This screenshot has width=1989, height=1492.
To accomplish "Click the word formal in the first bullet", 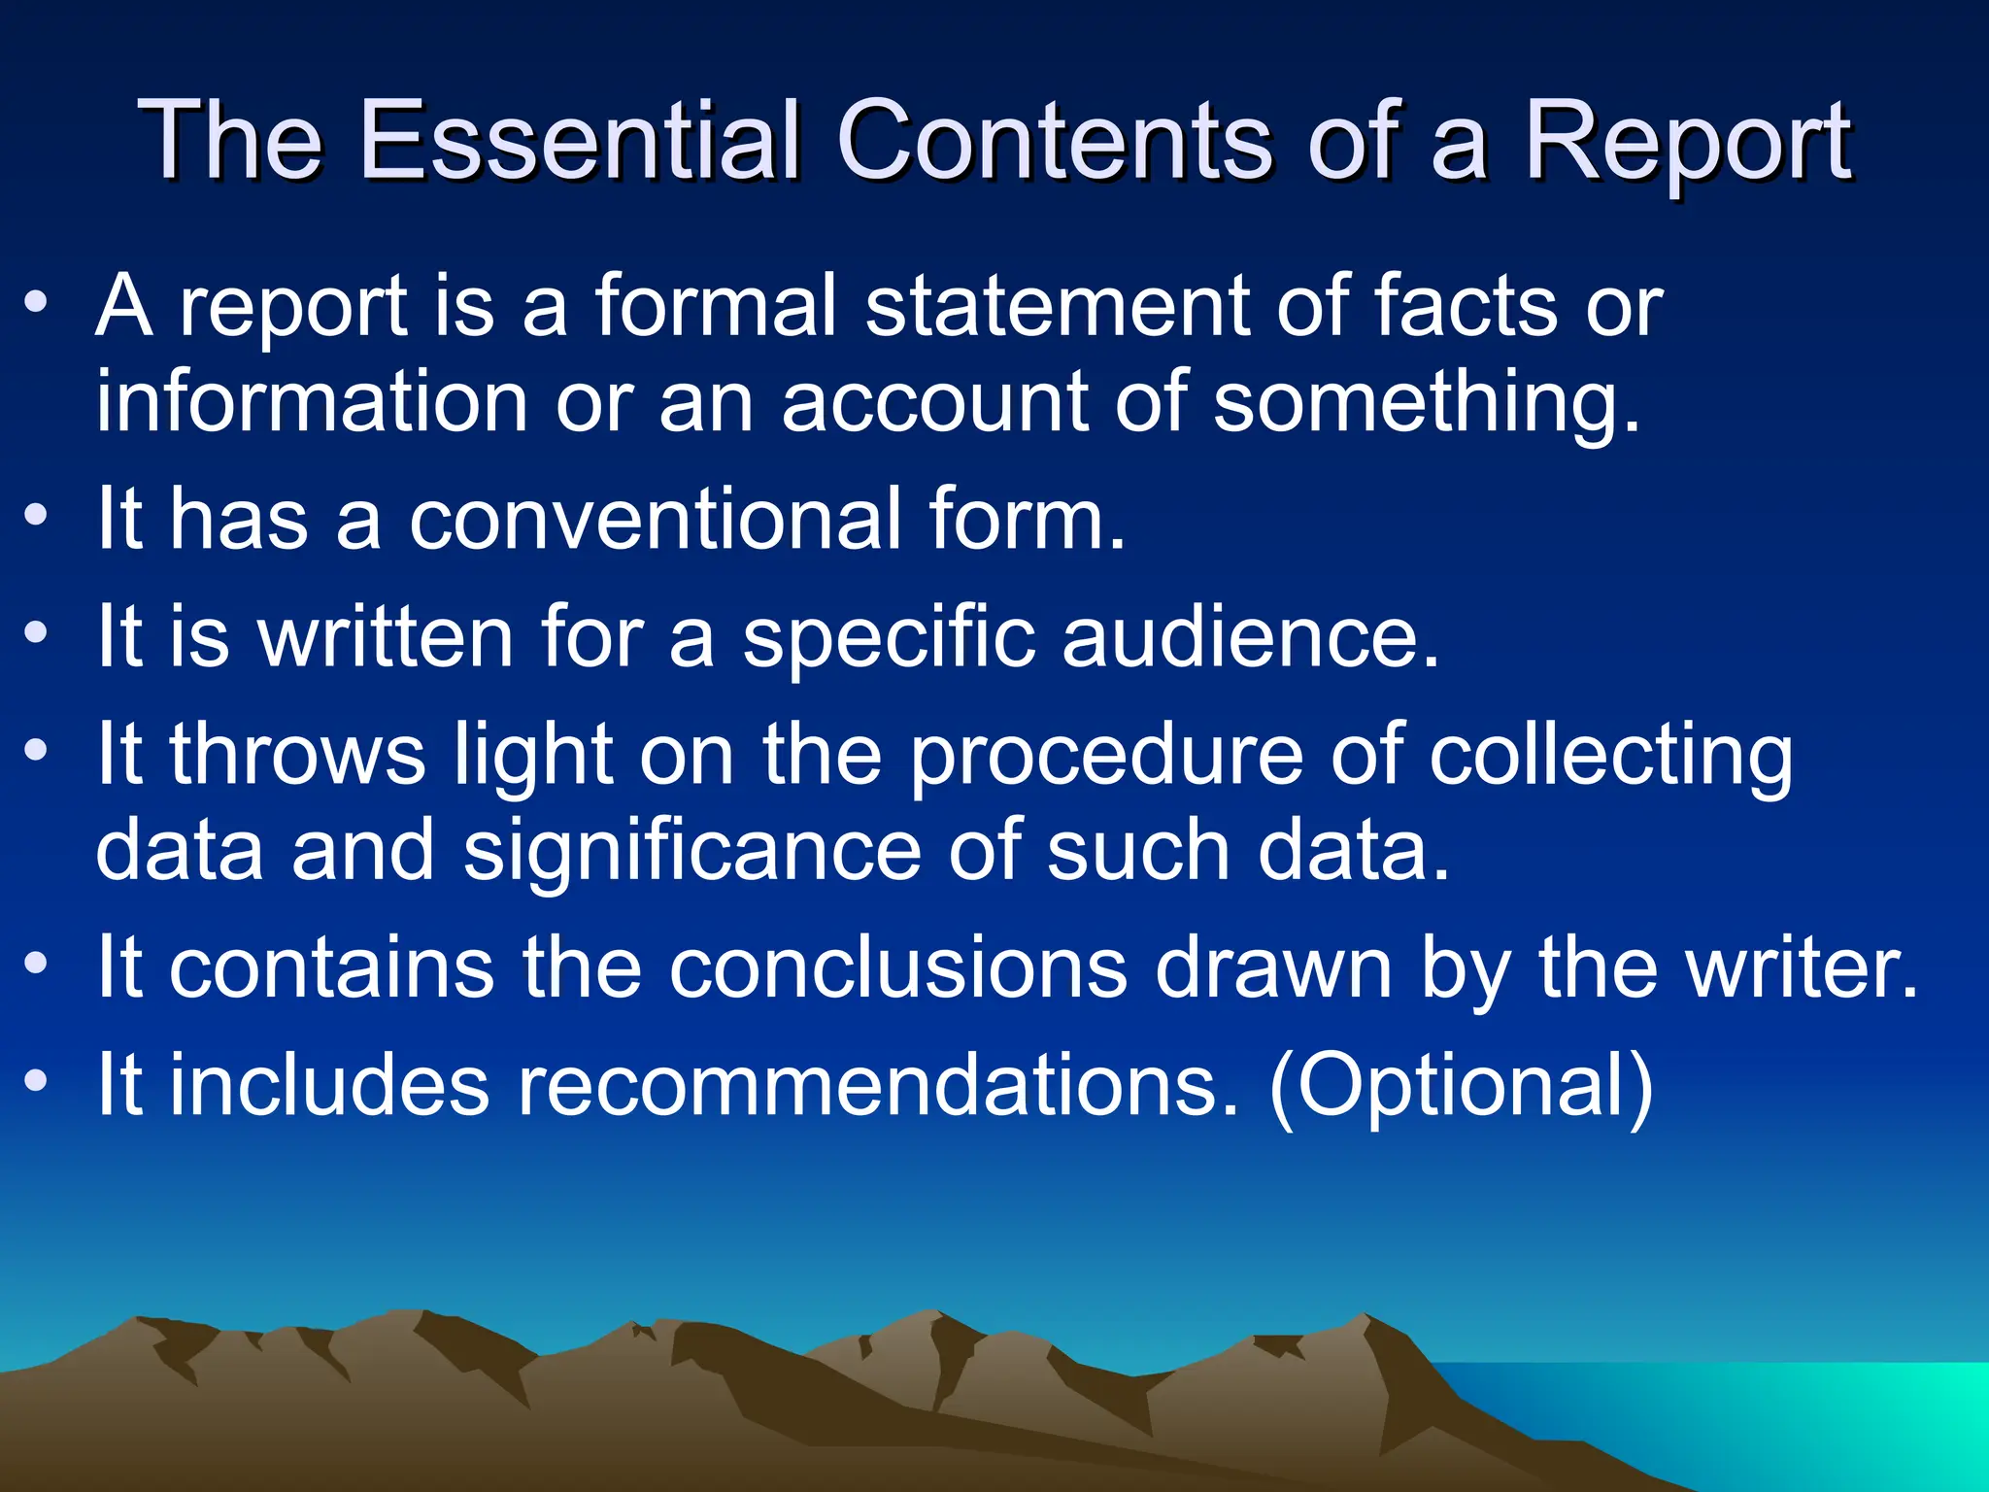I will [715, 306].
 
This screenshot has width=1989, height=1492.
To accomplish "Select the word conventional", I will [655, 520].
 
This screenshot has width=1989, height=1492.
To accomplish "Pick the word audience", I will [1250, 637].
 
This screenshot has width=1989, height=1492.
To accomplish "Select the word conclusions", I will [898, 968].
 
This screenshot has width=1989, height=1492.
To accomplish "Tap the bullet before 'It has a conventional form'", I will [36, 515].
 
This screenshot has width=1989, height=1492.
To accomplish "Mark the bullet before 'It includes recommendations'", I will [36, 1080].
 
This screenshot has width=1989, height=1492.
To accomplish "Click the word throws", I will [297, 755].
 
